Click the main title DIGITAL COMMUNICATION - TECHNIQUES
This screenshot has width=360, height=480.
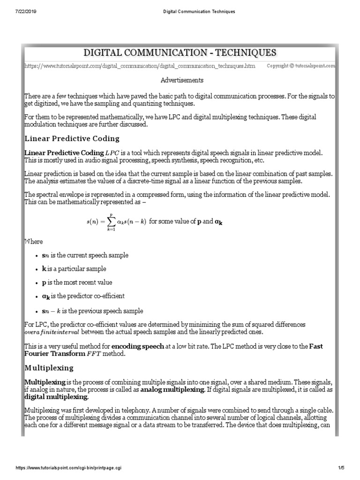[x=180, y=52]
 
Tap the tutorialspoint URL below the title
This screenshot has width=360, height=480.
[x=140, y=67]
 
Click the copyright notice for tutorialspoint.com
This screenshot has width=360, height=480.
[x=300, y=67]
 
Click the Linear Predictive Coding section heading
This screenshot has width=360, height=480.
[x=72, y=139]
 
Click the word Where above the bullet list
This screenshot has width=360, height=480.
[x=33, y=241]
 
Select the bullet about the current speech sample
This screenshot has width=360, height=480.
[x=85, y=255]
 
